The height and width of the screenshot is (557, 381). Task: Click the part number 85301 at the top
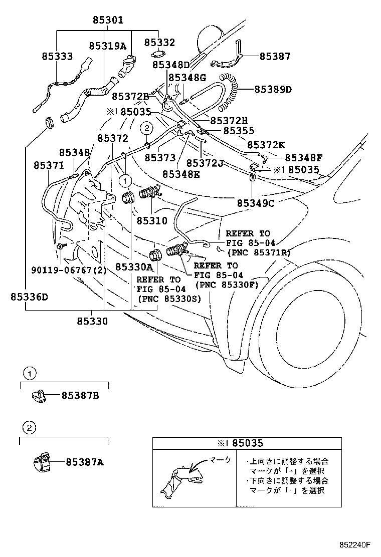[x=108, y=20]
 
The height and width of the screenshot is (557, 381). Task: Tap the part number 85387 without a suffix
[x=275, y=57]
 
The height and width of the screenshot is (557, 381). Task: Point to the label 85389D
[x=273, y=90]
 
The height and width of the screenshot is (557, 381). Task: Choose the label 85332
[x=159, y=43]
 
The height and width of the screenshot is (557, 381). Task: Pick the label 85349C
[x=256, y=203]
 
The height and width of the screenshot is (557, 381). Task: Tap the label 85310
[x=152, y=220]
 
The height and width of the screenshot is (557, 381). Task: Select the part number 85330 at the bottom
[x=92, y=321]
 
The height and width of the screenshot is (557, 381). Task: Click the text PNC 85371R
[x=259, y=252]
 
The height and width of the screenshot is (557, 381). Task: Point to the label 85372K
[x=266, y=145]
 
